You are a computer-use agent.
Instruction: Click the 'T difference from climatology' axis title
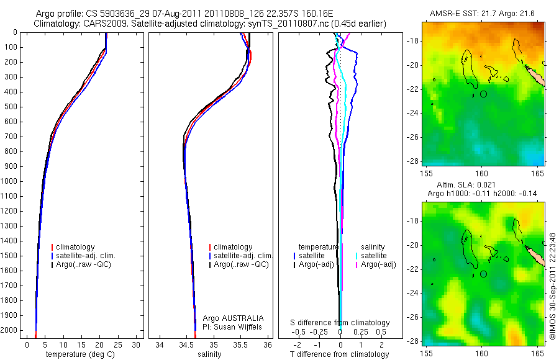coord(339,354)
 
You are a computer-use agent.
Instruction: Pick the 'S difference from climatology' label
coord(340,323)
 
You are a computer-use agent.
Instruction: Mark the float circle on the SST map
coord(483,94)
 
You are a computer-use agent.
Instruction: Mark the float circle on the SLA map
coord(483,274)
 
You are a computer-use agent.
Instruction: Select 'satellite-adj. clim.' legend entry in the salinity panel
coord(243,256)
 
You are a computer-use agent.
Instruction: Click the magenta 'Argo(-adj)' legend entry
coord(378,264)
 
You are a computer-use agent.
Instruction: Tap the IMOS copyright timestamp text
coord(553,286)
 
